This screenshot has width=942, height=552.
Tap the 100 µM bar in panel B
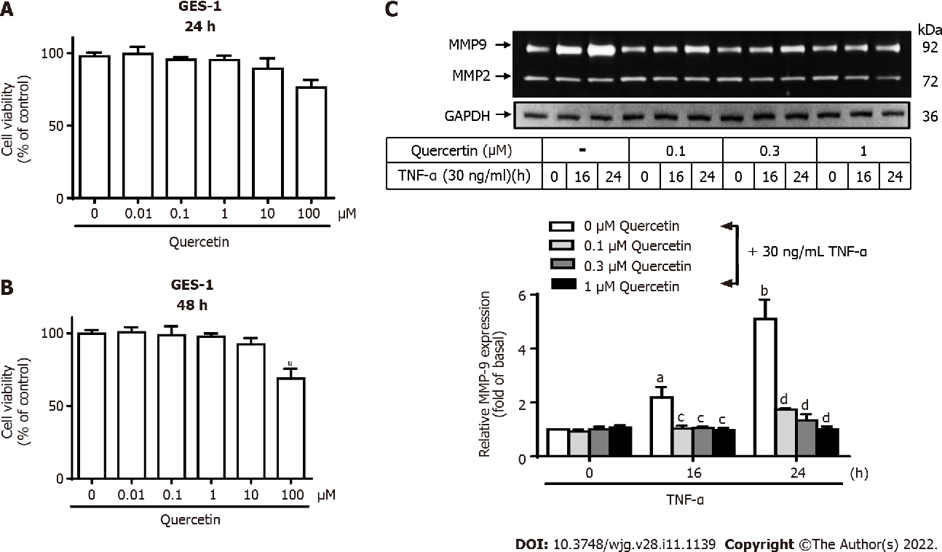(290, 428)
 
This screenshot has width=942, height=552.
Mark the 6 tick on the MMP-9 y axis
(534, 295)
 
